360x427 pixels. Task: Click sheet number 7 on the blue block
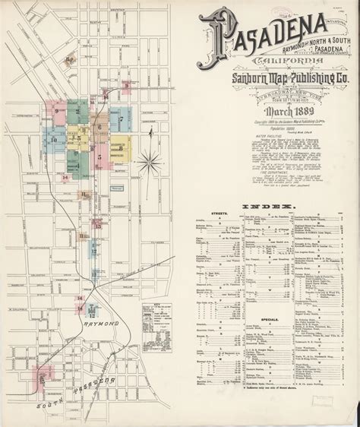tap(120, 119)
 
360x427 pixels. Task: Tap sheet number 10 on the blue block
tap(54, 140)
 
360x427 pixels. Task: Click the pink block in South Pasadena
tap(43, 374)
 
